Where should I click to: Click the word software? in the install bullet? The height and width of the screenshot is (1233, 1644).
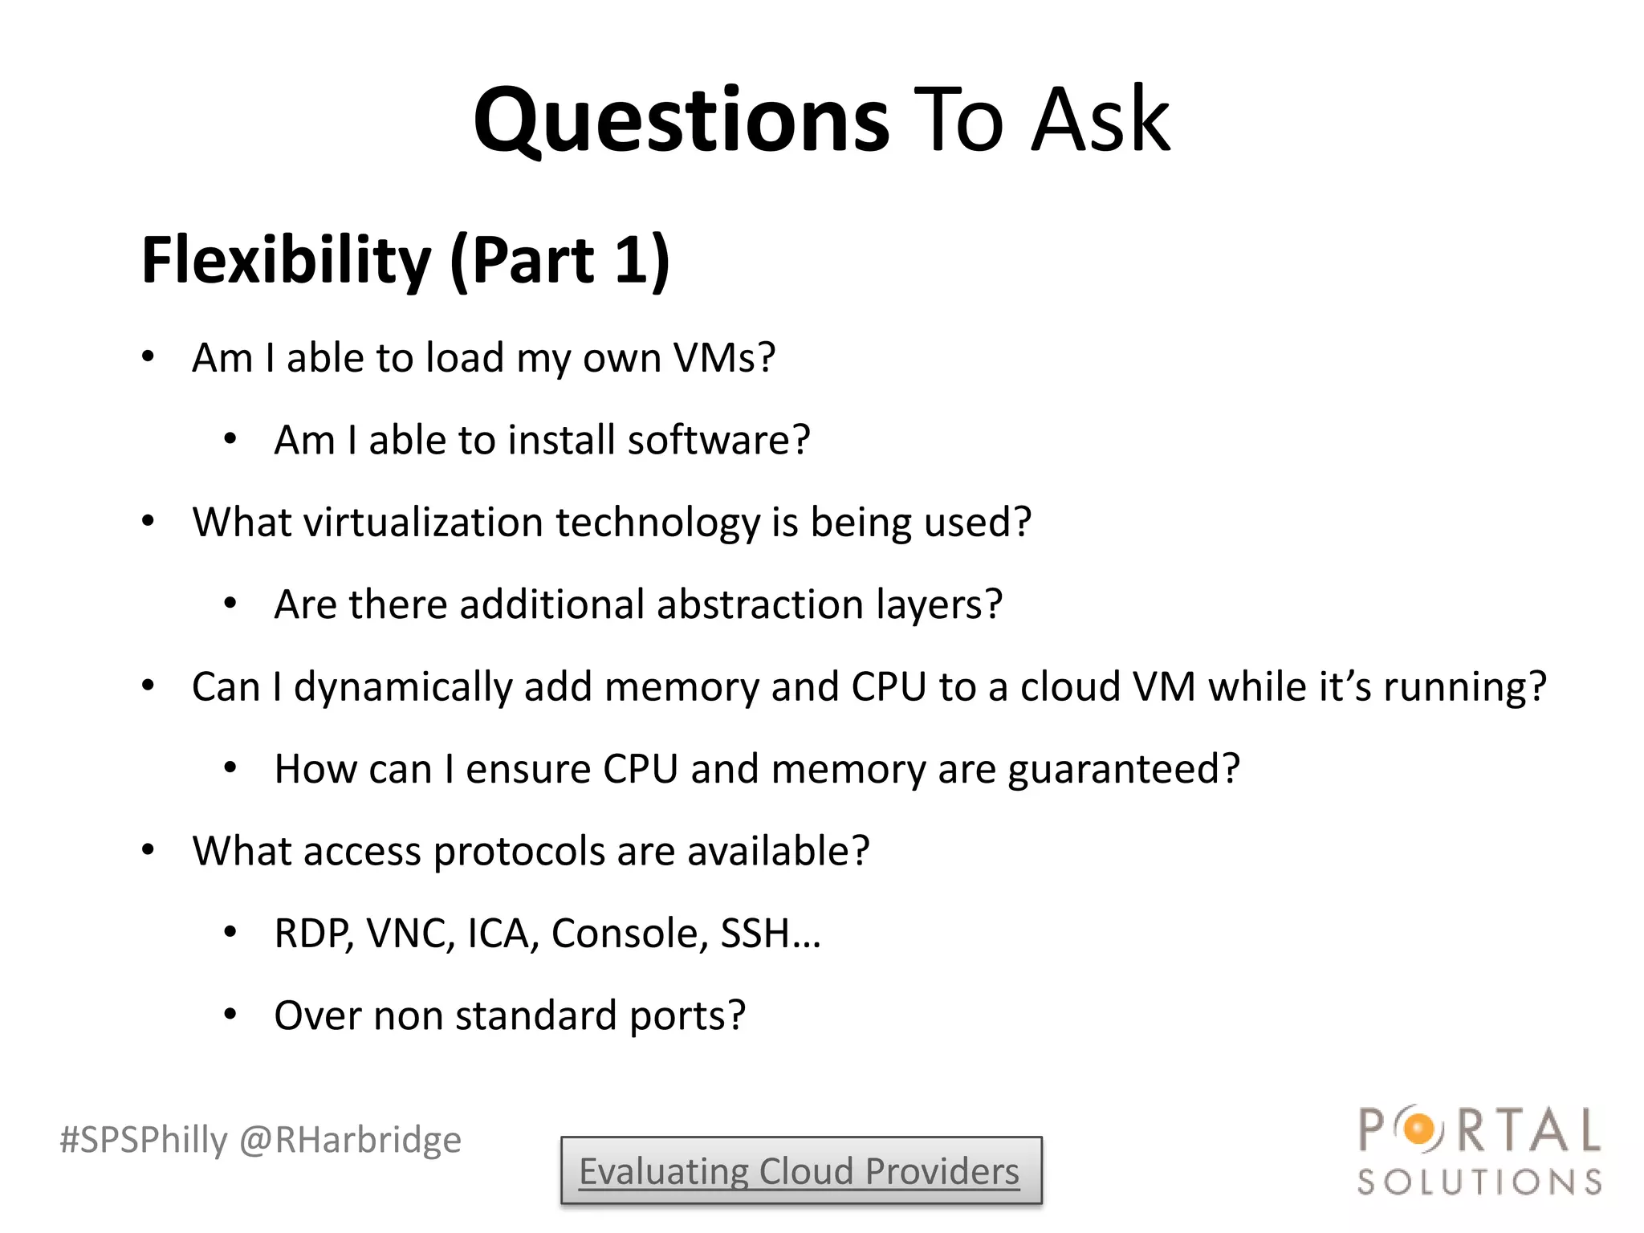[x=719, y=440]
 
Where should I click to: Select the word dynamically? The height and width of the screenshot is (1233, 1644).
[x=403, y=687]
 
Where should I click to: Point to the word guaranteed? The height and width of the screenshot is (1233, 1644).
[x=1124, y=769]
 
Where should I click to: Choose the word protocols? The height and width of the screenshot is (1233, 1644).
[x=519, y=851]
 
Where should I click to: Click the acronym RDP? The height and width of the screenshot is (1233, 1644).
[x=313, y=934]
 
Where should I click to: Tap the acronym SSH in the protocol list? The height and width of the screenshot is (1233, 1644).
[x=755, y=934]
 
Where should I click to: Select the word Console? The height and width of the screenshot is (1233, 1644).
[x=629, y=934]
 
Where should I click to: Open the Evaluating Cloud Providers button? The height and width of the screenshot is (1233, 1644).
[x=800, y=1171]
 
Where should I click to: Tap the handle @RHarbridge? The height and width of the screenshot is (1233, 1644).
[x=351, y=1140]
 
